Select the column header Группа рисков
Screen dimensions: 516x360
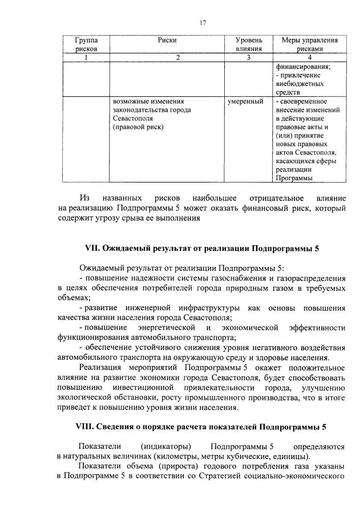(x=86, y=44)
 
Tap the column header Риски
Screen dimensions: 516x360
(x=168, y=40)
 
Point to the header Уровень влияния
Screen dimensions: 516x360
(x=249, y=44)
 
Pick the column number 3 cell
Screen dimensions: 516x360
(x=249, y=57)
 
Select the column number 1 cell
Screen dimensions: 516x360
(x=86, y=57)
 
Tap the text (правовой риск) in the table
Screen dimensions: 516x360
(x=138, y=127)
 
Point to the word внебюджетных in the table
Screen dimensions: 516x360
(x=299, y=83)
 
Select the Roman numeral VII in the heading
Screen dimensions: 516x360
(x=92, y=249)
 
